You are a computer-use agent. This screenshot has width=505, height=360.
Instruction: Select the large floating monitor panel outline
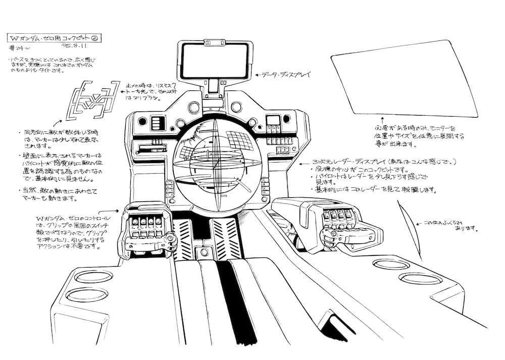403,79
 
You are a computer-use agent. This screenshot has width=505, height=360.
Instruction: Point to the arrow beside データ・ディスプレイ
260,75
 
